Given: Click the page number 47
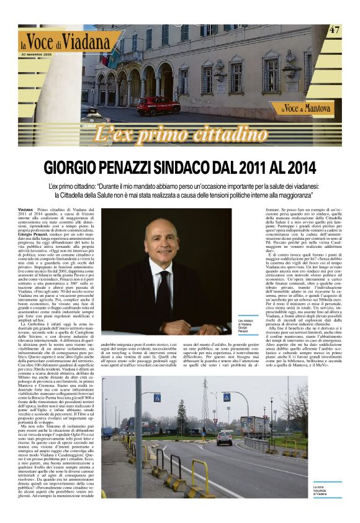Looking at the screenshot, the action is pos(335,30).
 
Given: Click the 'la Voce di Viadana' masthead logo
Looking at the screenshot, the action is pos(68,42).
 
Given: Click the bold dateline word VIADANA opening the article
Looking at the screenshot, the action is pos(26,212).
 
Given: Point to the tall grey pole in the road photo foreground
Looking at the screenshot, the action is pos(139,435).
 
